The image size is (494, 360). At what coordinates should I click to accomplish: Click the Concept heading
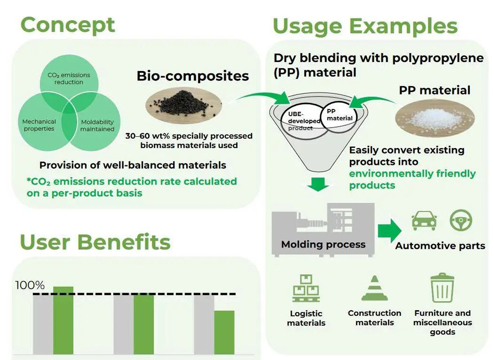click(68, 25)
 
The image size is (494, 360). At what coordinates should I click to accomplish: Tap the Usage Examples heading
click(365, 27)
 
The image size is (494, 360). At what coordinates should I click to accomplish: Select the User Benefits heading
click(95, 242)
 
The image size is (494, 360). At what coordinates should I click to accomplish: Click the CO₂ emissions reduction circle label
click(69, 79)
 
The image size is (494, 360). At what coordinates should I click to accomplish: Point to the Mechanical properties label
click(39, 125)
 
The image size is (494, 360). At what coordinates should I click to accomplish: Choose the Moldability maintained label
click(97, 125)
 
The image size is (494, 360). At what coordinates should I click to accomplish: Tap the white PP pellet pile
click(435, 118)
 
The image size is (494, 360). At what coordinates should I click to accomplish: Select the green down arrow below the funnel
click(318, 184)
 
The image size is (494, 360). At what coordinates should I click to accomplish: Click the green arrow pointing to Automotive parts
click(389, 231)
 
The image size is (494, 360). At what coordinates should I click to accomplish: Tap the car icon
click(424, 221)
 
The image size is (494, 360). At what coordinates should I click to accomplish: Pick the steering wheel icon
click(461, 221)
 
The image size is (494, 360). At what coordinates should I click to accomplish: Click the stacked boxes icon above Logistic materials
click(306, 288)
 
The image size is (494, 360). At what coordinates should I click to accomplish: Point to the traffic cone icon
click(374, 288)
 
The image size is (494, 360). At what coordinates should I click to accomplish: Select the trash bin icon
click(442, 288)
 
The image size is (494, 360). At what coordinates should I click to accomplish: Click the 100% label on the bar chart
click(30, 285)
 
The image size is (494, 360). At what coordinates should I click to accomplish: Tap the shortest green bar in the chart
click(224, 333)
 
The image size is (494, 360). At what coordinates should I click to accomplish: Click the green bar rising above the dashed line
click(63, 321)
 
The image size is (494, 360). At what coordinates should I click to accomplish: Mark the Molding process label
click(323, 245)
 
